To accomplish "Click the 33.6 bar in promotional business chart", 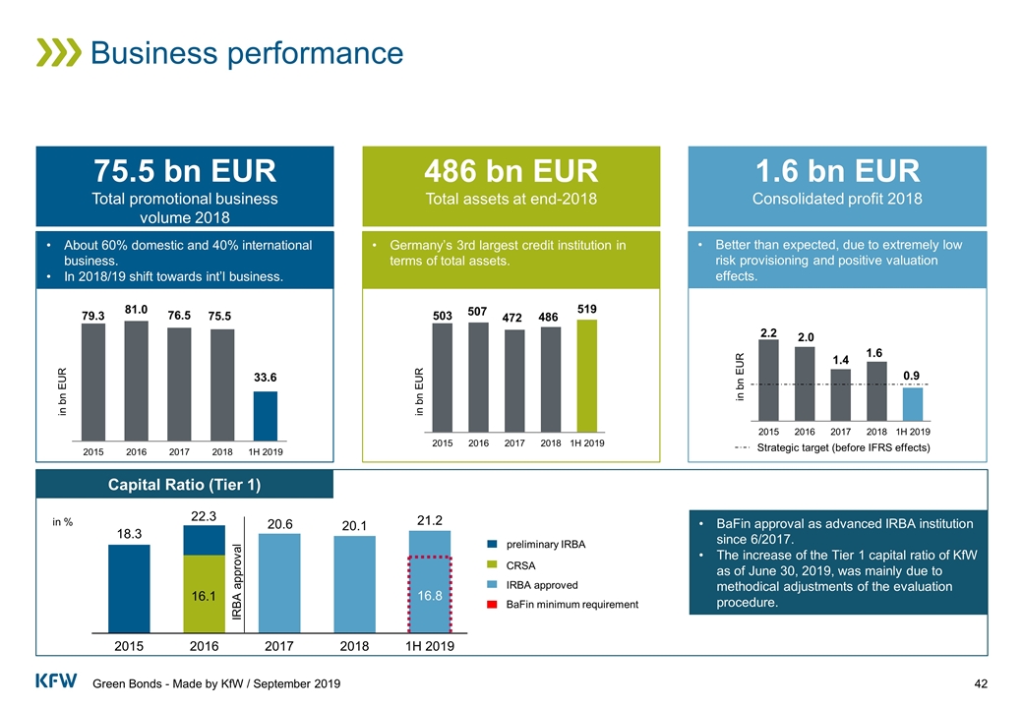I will pyautogui.click(x=265, y=415).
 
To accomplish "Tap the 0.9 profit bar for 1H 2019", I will pyautogui.click(x=913, y=403).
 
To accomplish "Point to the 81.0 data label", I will pyautogui.click(x=136, y=309).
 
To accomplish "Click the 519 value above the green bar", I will pyautogui.click(x=587, y=309).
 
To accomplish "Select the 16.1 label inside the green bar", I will pyautogui.click(x=204, y=595).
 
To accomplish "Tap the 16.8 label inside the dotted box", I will pyautogui.click(x=429, y=595).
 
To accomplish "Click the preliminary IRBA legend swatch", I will pyautogui.click(x=494, y=544).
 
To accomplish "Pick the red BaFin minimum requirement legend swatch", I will pyautogui.click(x=494, y=605).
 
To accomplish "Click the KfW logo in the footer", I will pyautogui.click(x=56, y=681).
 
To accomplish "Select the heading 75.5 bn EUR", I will pyautogui.click(x=184, y=171).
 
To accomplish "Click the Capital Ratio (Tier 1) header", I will pyautogui.click(x=184, y=484).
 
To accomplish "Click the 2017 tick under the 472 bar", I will pyautogui.click(x=514, y=444).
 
